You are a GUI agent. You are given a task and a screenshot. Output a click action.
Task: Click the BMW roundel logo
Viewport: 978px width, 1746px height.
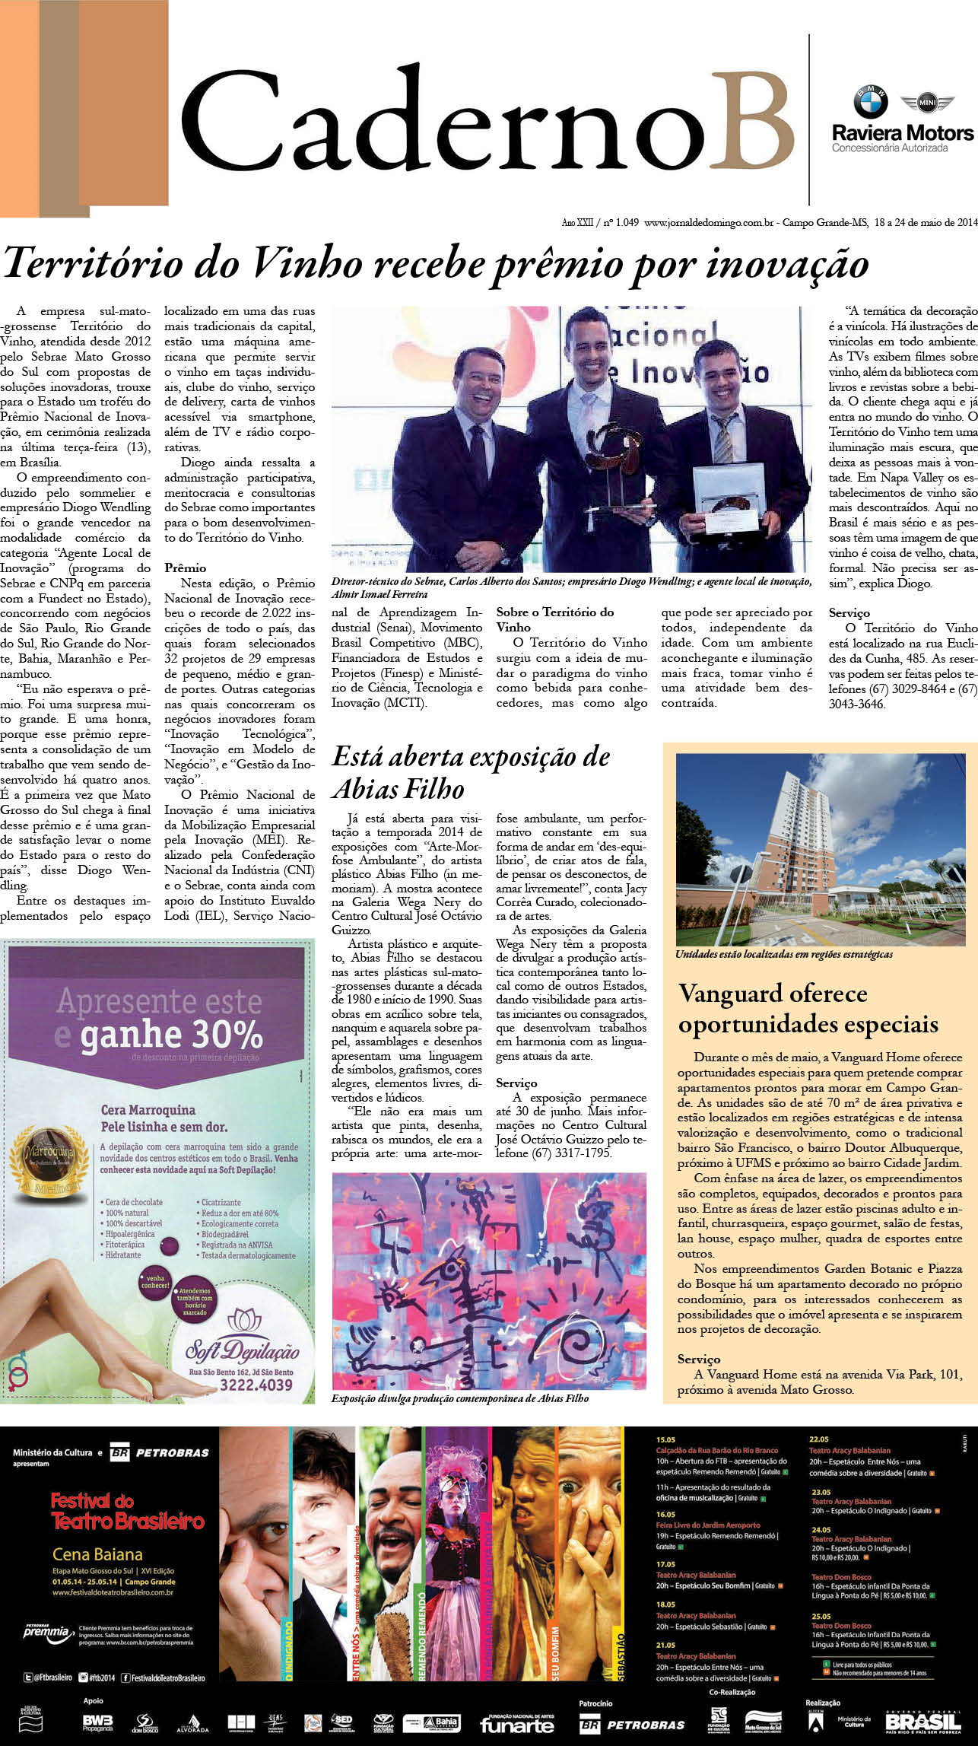pos(870,101)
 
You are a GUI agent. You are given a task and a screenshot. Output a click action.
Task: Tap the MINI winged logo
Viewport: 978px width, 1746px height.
pos(926,102)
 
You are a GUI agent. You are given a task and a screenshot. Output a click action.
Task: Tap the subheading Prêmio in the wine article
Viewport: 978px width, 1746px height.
pos(185,568)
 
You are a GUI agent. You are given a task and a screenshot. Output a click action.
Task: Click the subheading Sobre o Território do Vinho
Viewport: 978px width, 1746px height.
pos(554,619)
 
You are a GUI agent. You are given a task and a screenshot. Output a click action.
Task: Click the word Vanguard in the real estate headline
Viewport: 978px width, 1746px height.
pos(730,994)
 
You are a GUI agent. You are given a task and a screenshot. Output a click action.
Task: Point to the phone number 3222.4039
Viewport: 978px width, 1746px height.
pos(256,1385)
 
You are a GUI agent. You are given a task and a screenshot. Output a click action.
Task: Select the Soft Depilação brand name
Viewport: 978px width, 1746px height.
pos(243,1350)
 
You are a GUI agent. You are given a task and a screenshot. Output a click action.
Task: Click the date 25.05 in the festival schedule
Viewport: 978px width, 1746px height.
pos(821,1613)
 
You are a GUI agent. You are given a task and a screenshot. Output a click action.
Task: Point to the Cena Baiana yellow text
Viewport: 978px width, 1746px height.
pos(97,1554)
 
